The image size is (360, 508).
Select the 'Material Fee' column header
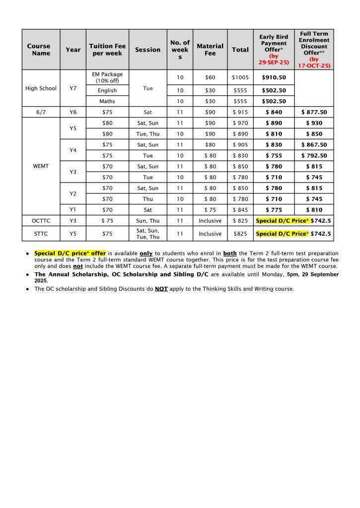(210, 50)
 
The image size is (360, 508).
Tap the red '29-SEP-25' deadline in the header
(274, 62)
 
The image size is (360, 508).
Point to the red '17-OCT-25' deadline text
(314, 65)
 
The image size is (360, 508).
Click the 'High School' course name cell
(41, 88)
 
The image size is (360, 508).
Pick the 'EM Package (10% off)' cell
(107, 77)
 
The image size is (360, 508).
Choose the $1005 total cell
(240, 77)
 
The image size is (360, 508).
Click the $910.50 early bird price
(274, 77)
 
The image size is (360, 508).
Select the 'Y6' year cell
(73, 112)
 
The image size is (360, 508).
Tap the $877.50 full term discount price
(314, 112)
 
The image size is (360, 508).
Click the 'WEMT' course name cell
(41, 166)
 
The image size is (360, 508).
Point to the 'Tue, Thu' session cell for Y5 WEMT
(148, 134)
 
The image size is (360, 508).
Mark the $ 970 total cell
(240, 123)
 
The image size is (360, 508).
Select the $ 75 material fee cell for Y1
(210, 210)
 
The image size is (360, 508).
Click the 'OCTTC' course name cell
(41, 221)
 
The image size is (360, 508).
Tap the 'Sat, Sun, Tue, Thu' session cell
(148, 234)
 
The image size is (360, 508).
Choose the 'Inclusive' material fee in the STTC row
(210, 234)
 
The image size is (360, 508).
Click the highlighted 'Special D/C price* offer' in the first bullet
(70, 254)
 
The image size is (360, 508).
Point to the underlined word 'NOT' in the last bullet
(160, 289)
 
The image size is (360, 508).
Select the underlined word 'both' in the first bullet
(230, 254)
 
